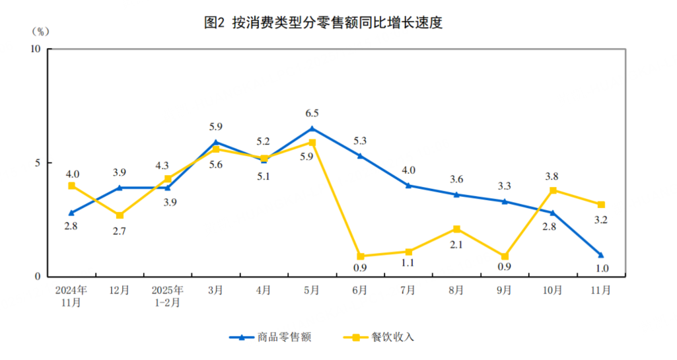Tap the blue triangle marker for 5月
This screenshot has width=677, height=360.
click(312, 128)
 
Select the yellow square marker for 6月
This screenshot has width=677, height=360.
click(361, 256)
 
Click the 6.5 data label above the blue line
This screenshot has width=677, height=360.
click(312, 114)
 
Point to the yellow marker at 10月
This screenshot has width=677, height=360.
click(553, 190)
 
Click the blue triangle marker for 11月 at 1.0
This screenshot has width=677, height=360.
click(601, 254)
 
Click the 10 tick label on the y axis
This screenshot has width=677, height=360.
click(36, 49)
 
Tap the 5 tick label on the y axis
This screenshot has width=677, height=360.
click(38, 162)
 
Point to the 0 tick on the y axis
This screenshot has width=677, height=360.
click(38, 277)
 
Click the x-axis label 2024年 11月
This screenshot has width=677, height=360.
click(71, 296)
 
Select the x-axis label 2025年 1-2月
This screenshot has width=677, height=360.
click(167, 296)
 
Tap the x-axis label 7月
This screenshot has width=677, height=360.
click(408, 290)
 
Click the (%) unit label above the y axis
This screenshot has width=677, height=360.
click(40, 30)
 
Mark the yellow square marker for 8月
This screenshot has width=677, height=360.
click(456, 229)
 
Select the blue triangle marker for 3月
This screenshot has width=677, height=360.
click(215, 142)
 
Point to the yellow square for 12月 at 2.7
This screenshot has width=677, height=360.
click(119, 215)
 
